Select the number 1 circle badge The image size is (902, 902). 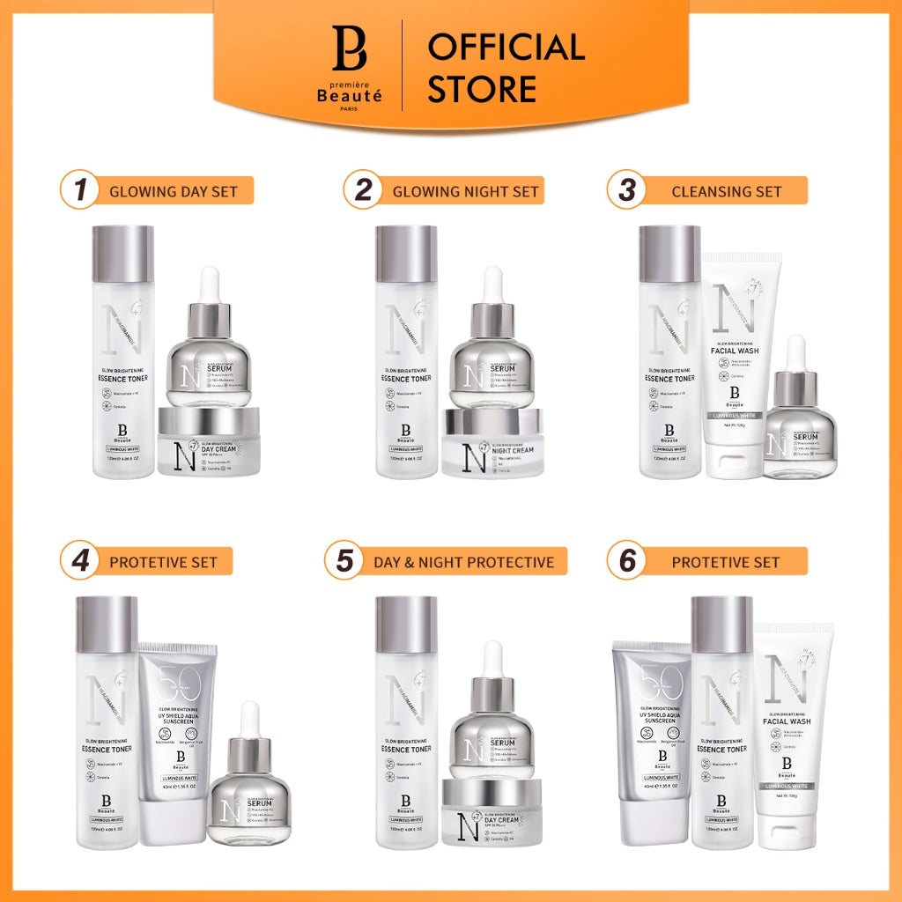coord(80,191)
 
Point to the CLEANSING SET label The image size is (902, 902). coord(725,191)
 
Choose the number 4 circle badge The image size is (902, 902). coord(80,561)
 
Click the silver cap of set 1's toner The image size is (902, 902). coord(123,254)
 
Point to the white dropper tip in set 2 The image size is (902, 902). coord(492,284)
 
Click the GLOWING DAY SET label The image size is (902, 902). coord(173,191)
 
